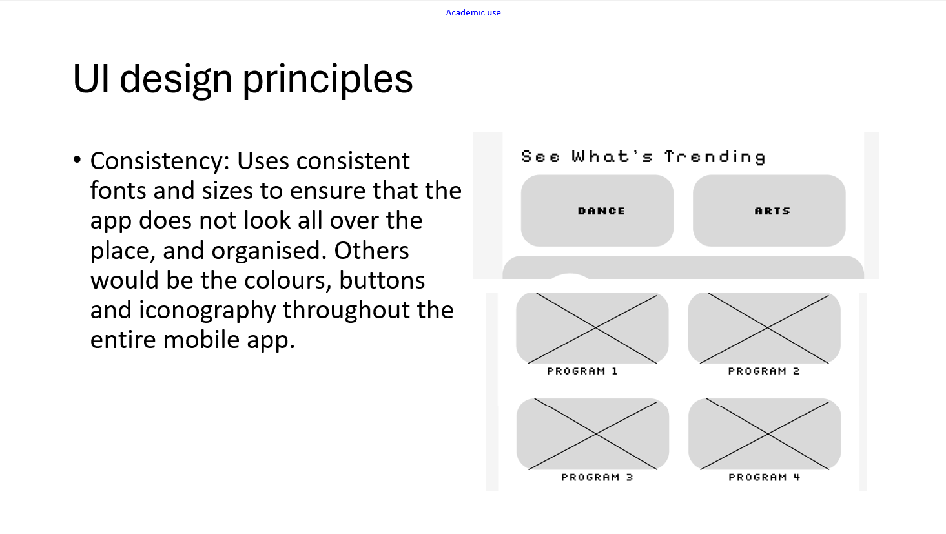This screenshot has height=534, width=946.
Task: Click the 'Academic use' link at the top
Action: pos(473,13)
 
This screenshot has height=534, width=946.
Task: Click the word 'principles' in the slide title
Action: pos(328,80)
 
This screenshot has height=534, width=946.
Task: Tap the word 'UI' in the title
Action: pos(91,79)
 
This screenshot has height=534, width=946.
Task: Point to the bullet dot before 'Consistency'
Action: pos(77,159)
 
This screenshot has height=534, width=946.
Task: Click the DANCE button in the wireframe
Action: pos(597,211)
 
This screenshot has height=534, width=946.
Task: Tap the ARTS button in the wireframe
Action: pos(769,211)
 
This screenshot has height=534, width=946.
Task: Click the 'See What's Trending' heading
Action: pos(643,157)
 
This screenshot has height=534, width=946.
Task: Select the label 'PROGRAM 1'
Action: pos(582,371)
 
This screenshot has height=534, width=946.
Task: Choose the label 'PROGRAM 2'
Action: pos(764,371)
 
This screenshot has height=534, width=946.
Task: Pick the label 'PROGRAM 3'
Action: pos(597,477)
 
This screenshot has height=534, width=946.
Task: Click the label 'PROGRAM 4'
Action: pos(765,477)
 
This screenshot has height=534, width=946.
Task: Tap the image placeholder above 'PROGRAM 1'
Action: pos(592,328)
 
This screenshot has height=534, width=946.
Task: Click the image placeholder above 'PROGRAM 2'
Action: pos(764,328)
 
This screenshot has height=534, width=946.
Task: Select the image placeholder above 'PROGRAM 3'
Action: pos(593,434)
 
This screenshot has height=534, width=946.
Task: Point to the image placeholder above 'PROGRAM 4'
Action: pos(765,434)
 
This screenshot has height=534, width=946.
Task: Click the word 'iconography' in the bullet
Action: pos(207,311)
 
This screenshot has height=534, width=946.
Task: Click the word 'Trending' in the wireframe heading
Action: pos(715,157)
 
